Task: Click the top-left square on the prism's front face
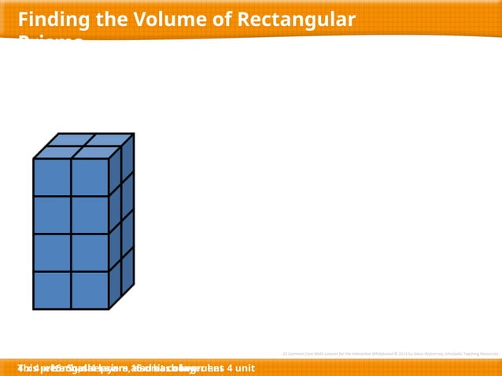(x=52, y=178)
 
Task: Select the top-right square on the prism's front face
(x=90, y=178)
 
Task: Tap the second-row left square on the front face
(x=52, y=216)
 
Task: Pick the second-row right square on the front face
(x=90, y=216)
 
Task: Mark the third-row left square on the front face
(x=52, y=253)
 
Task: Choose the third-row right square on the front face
(x=90, y=253)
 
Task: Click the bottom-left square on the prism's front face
(x=52, y=289)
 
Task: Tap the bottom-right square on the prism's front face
(x=90, y=289)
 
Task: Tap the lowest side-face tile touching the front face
(x=115, y=286)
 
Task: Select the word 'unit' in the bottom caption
(x=245, y=368)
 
